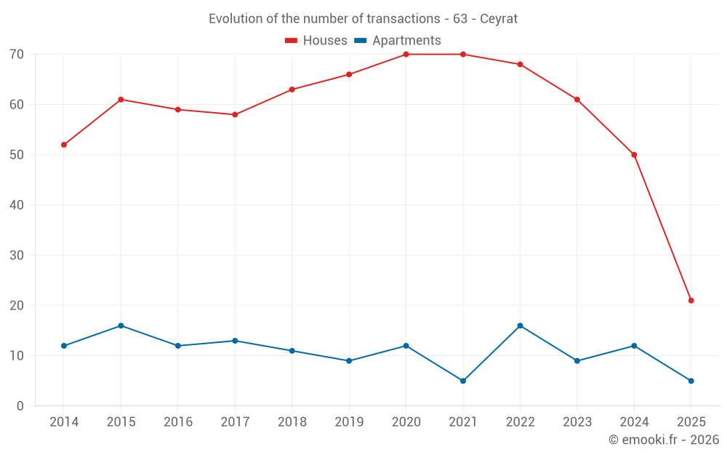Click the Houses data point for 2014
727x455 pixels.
(64, 145)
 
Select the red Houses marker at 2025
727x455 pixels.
(691, 301)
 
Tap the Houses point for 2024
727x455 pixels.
(634, 155)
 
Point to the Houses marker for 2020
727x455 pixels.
(406, 55)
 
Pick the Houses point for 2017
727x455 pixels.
(235, 115)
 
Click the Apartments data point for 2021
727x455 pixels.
(463, 381)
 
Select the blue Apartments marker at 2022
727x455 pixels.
(520, 325)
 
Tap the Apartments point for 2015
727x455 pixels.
(121, 325)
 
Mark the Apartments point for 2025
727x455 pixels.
(691, 381)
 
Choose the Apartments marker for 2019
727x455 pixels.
(349, 361)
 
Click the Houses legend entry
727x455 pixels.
(316, 41)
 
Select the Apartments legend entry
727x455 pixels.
(398, 41)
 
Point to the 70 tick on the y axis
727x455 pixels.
(17, 55)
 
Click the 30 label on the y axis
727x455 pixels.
(17, 256)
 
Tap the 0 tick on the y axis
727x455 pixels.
(20, 406)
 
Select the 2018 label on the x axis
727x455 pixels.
(292, 422)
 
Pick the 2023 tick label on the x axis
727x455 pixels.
(577, 422)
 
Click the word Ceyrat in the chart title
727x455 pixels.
(499, 19)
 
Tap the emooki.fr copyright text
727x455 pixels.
(664, 440)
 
